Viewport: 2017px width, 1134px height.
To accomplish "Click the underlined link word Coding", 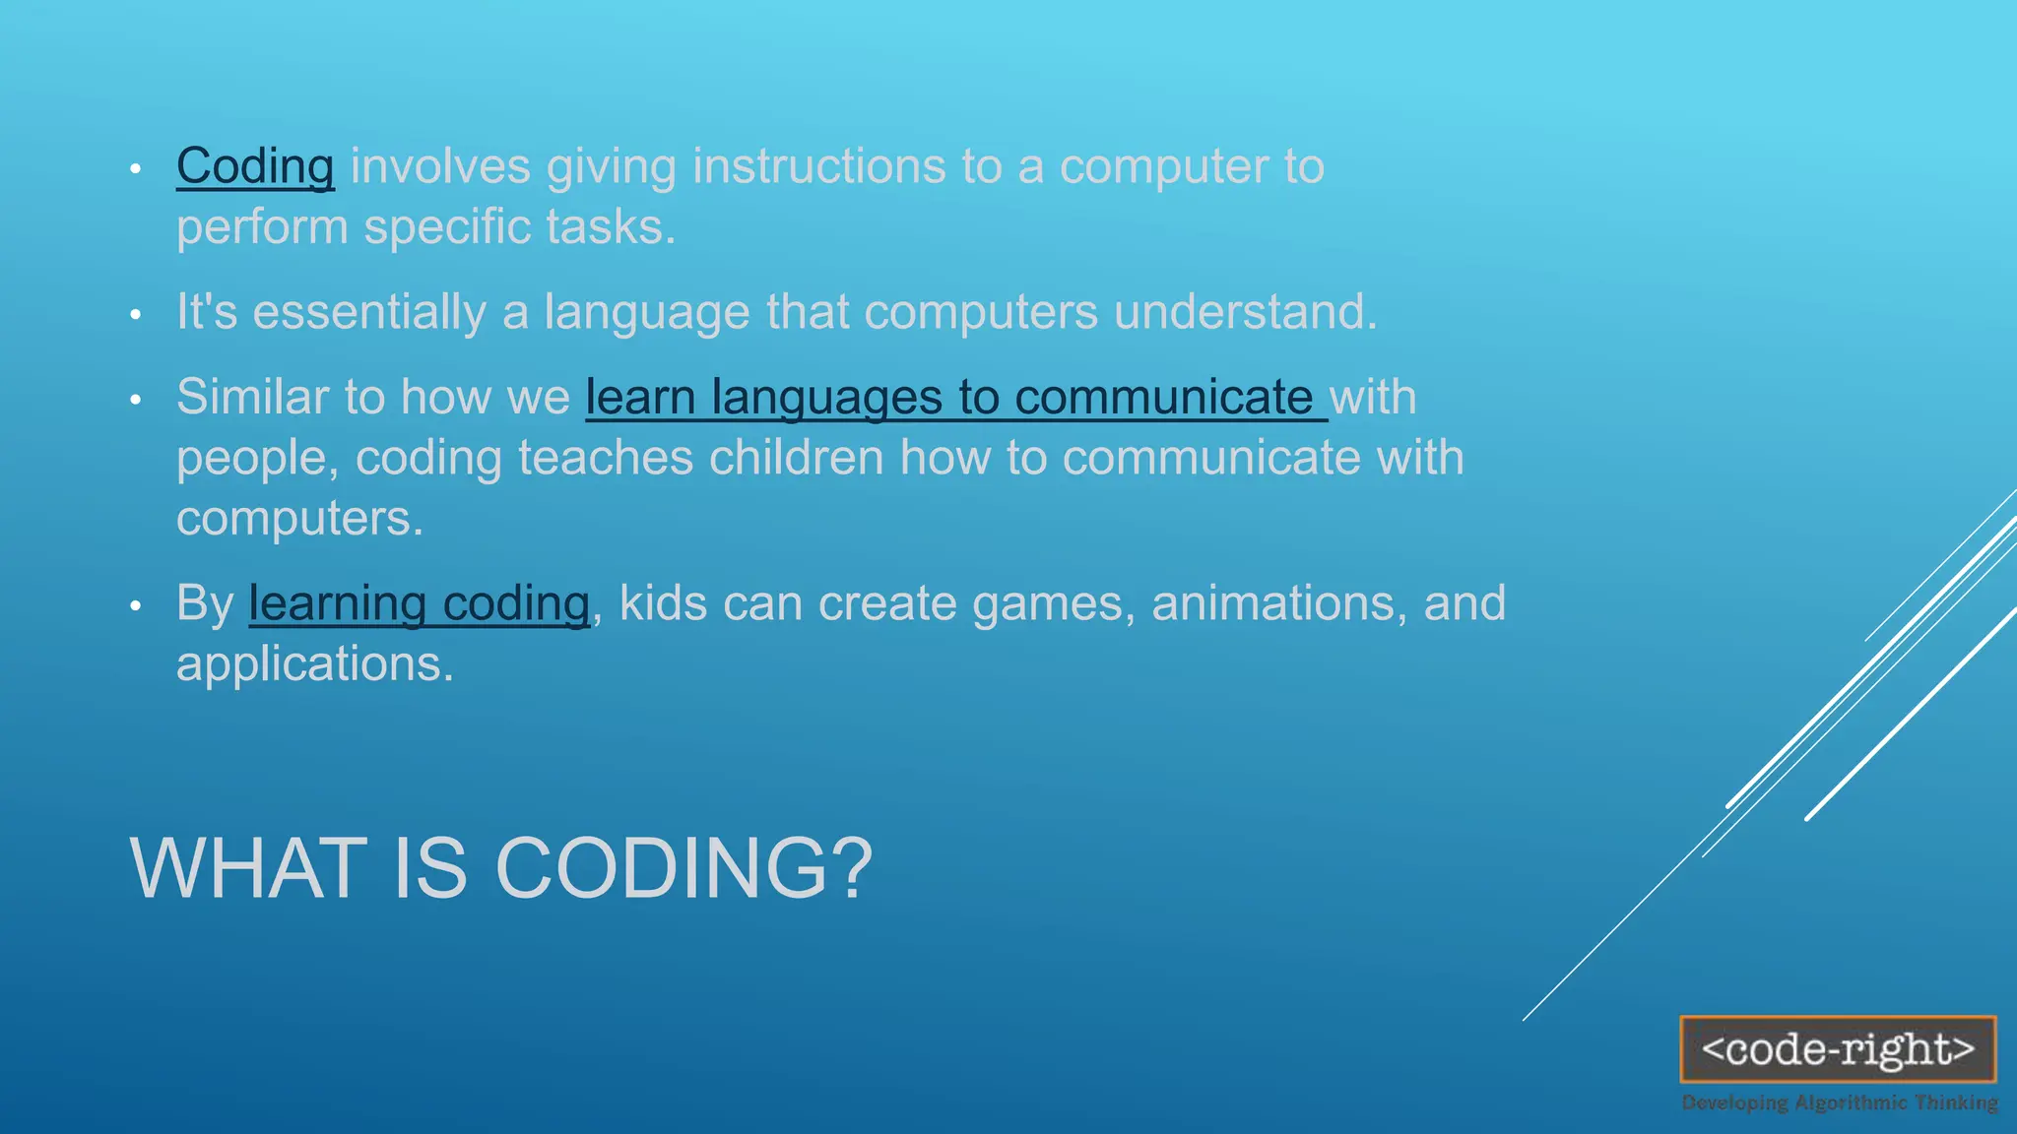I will pyautogui.click(x=255, y=166).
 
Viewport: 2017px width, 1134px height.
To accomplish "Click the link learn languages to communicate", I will pyautogui.click(x=955, y=398).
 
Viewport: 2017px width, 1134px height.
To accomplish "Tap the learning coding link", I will pyautogui.click(x=419, y=603).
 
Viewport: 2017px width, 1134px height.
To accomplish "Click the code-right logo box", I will pyautogui.click(x=1838, y=1049).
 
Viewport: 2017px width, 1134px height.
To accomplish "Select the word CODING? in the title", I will pyautogui.click(x=683, y=868).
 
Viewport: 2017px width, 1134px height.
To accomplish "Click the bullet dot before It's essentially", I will pyautogui.click(x=136, y=315).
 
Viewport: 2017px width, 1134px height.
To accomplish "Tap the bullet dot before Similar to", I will pyautogui.click(x=136, y=400).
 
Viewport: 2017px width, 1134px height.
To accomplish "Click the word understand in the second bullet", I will pyautogui.click(x=1244, y=312).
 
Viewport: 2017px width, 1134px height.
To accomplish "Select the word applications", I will pyautogui.click(x=313, y=664).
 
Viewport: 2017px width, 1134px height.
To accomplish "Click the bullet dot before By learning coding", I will pyautogui.click(x=136, y=606).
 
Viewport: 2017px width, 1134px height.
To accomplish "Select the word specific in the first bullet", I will pyautogui.click(x=447, y=227).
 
